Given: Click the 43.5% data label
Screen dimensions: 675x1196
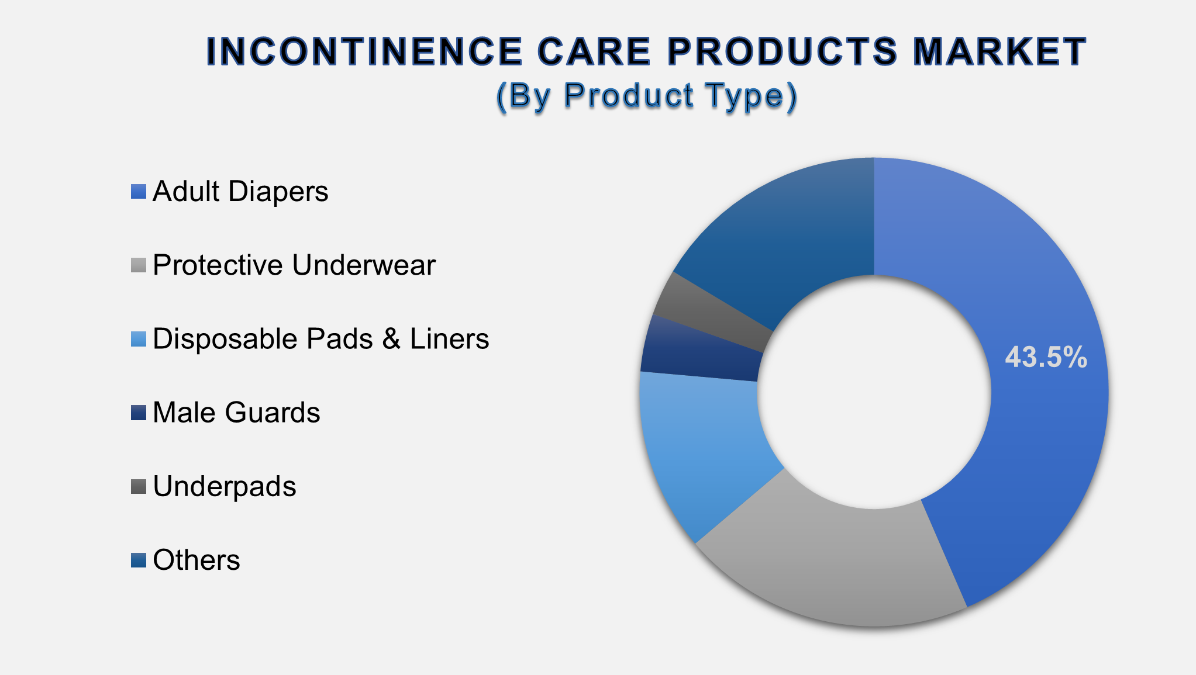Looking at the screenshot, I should (1046, 357).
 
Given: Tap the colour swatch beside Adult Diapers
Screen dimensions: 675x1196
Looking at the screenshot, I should (139, 192).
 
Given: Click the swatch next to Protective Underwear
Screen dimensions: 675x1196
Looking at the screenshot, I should (139, 265).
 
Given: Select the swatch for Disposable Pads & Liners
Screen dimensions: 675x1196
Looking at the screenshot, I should (139, 339).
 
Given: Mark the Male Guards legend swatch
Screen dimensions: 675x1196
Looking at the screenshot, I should (139, 413).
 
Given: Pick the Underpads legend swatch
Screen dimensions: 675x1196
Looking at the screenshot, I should (139, 486).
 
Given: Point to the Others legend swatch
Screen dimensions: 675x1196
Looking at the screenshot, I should (139, 560).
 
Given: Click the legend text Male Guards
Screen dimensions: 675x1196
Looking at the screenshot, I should (236, 413).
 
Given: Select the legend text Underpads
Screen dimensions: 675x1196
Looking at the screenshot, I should (225, 486).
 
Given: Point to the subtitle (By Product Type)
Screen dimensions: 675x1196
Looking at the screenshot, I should (646, 95).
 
